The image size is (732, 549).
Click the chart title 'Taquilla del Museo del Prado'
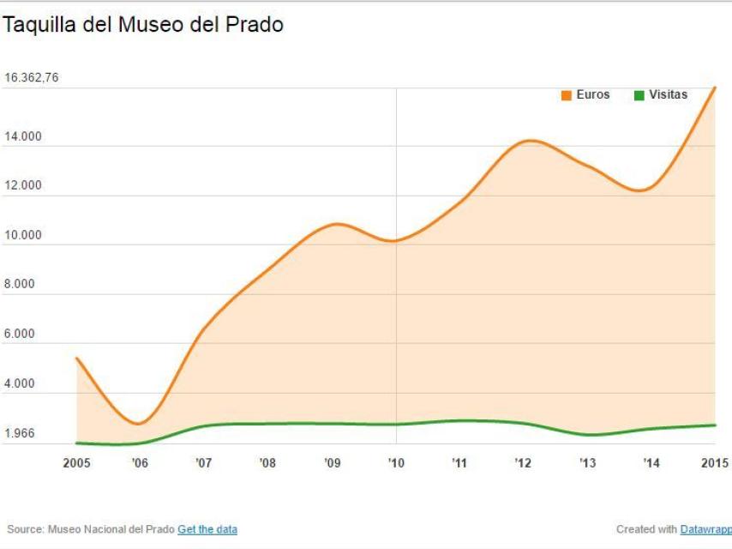[x=142, y=26]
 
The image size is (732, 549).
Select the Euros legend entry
[x=585, y=95]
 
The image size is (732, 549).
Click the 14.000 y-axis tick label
[x=23, y=136]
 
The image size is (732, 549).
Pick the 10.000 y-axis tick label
[x=23, y=235]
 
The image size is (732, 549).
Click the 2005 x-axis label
[x=77, y=463]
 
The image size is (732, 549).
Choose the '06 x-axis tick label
[x=140, y=463]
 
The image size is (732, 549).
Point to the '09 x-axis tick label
[x=332, y=463]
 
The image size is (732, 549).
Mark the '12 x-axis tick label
[x=524, y=463]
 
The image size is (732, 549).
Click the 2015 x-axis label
[x=714, y=463]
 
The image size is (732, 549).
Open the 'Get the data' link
[x=207, y=529]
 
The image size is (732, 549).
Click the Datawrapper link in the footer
[x=705, y=529]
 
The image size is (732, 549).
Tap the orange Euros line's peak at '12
[x=530, y=140]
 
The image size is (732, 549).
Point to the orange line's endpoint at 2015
[x=715, y=87]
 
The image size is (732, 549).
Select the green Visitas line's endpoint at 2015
[x=715, y=425]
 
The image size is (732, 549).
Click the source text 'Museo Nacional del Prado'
[x=111, y=529]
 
